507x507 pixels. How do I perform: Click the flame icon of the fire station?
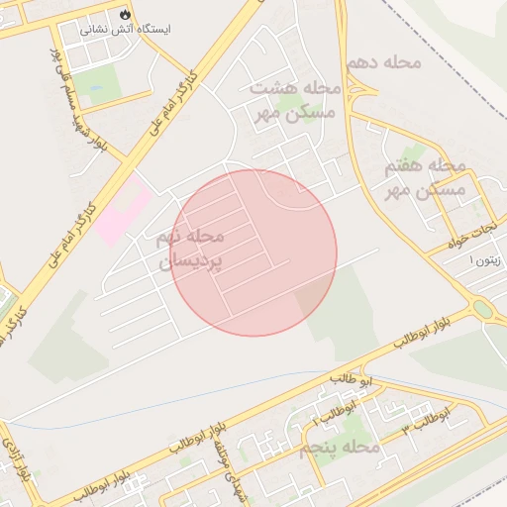[x=125, y=14]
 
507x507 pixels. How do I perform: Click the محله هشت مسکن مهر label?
[x=293, y=100]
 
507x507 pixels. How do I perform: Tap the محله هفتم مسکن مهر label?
[x=425, y=176]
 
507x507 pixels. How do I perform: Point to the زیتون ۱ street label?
[x=485, y=259]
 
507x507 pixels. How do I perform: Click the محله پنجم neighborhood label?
[x=339, y=449]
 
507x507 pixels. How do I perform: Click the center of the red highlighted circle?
[x=254, y=253]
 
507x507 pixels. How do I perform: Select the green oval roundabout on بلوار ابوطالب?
[x=482, y=309]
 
